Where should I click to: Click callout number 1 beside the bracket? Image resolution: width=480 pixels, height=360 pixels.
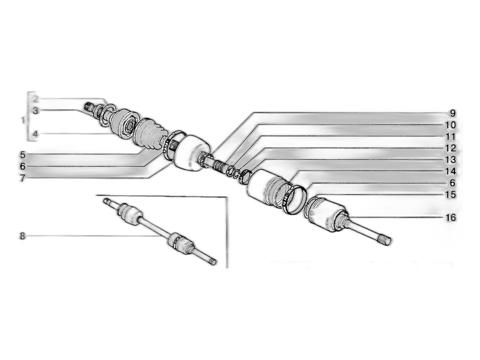click(x=22, y=120)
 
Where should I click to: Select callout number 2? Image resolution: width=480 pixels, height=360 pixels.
click(x=36, y=99)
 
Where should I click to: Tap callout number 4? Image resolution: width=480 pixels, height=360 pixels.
click(x=36, y=134)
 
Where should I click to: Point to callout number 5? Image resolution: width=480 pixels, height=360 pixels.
click(x=22, y=155)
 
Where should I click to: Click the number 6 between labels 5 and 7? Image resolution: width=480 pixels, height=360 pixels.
click(x=22, y=166)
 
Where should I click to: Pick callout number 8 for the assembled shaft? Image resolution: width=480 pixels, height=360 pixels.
click(x=22, y=236)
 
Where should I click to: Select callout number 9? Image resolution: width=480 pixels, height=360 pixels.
click(x=452, y=113)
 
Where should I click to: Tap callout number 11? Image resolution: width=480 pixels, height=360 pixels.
click(x=450, y=136)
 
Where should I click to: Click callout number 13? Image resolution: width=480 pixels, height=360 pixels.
click(x=450, y=160)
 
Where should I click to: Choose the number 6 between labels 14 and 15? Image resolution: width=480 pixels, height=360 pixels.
click(x=452, y=183)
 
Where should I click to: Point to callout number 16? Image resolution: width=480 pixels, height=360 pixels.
click(x=450, y=217)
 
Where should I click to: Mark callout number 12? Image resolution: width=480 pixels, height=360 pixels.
click(x=450, y=148)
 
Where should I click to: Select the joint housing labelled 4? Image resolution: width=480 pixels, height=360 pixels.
click(x=124, y=123)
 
